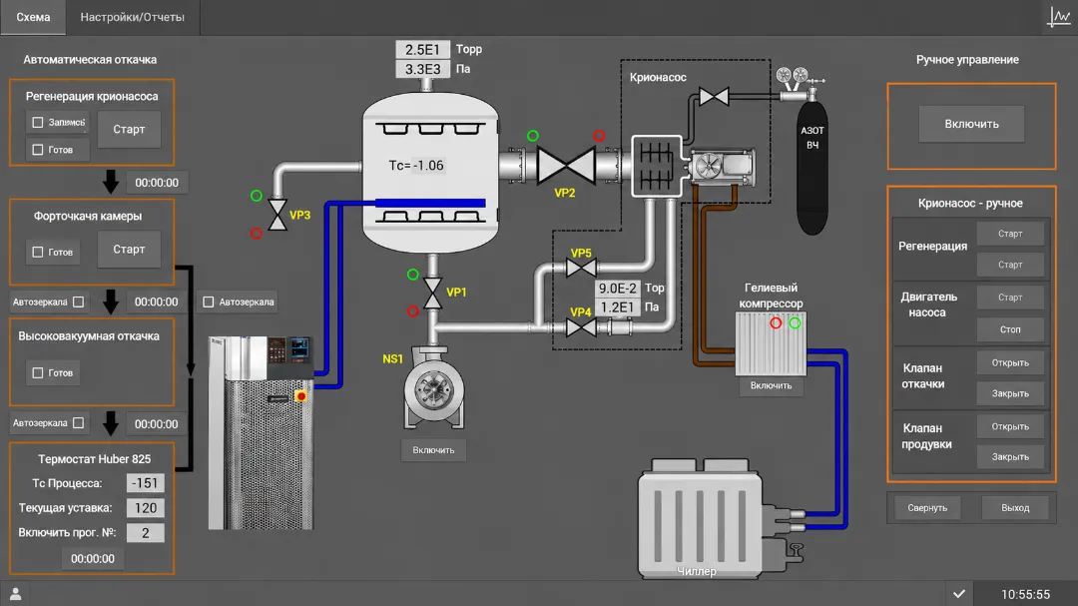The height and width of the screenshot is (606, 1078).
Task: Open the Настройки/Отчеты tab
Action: click(x=132, y=17)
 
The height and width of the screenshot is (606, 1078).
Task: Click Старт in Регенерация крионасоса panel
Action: click(x=129, y=130)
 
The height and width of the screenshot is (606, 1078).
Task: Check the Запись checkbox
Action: click(x=38, y=123)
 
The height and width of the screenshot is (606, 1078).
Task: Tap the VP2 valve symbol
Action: click(x=566, y=166)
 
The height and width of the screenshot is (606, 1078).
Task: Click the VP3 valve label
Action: click(x=299, y=215)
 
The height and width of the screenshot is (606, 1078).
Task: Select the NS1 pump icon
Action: click(x=433, y=388)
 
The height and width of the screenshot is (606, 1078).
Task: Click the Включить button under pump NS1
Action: click(x=433, y=450)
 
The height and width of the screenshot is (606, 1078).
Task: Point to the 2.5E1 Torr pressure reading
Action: click(x=422, y=50)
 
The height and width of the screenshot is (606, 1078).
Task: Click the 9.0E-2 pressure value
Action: click(x=618, y=289)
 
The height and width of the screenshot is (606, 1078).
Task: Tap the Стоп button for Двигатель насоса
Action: click(x=1010, y=329)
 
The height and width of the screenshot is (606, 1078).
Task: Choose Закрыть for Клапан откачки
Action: click(x=1010, y=393)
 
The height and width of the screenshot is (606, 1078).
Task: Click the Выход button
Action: click(x=1015, y=507)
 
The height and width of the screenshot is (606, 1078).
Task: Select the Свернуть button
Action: click(x=926, y=507)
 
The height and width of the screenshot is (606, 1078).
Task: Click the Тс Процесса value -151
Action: click(x=145, y=483)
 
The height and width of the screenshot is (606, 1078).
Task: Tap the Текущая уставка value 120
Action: click(x=145, y=507)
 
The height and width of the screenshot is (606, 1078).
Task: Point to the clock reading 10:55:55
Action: click(x=1025, y=594)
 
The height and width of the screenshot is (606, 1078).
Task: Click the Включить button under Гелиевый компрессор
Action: click(x=771, y=386)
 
